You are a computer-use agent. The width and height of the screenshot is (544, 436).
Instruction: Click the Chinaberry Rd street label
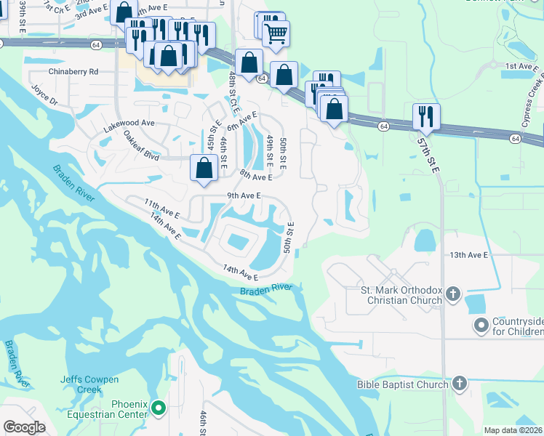[73, 72]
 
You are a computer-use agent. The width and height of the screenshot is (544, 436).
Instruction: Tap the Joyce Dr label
[44, 96]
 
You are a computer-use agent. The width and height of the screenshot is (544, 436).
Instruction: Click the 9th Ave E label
[244, 195]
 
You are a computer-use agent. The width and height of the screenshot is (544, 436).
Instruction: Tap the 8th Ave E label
[255, 175]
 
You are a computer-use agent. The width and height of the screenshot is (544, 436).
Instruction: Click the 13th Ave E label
[468, 255]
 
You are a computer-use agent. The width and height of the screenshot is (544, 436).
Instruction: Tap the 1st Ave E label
[520, 66]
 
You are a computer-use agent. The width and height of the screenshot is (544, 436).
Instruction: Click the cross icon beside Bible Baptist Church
[459, 384]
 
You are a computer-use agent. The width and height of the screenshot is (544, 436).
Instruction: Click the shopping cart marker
[276, 33]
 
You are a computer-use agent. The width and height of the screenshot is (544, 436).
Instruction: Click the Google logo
[24, 427]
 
